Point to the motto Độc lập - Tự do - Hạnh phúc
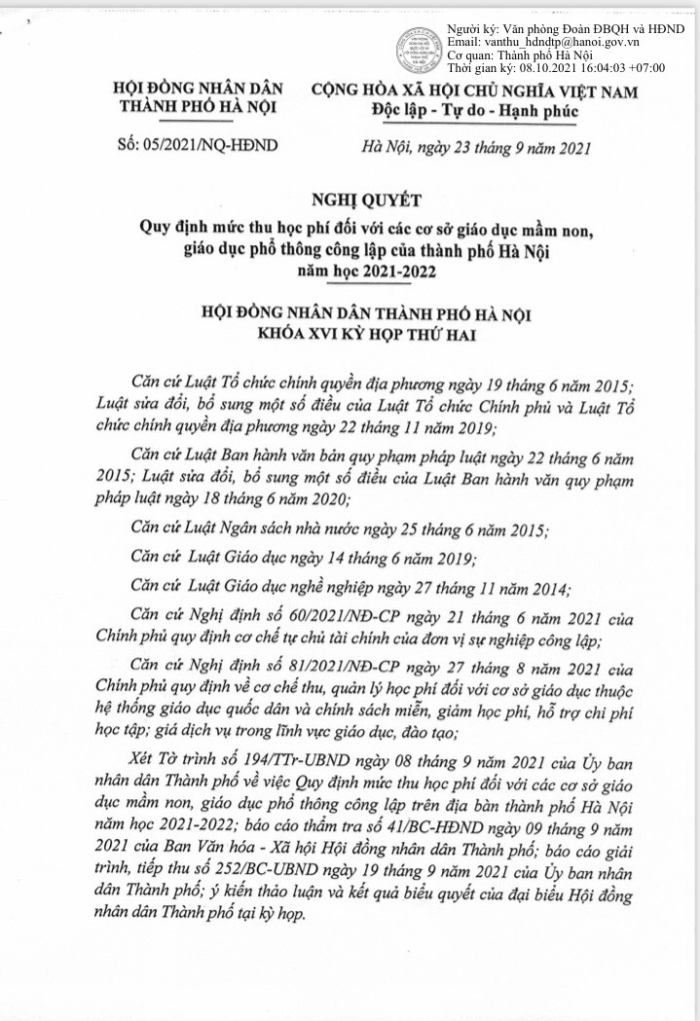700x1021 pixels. [474, 111]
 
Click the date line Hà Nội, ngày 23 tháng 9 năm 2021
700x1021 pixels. [474, 148]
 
